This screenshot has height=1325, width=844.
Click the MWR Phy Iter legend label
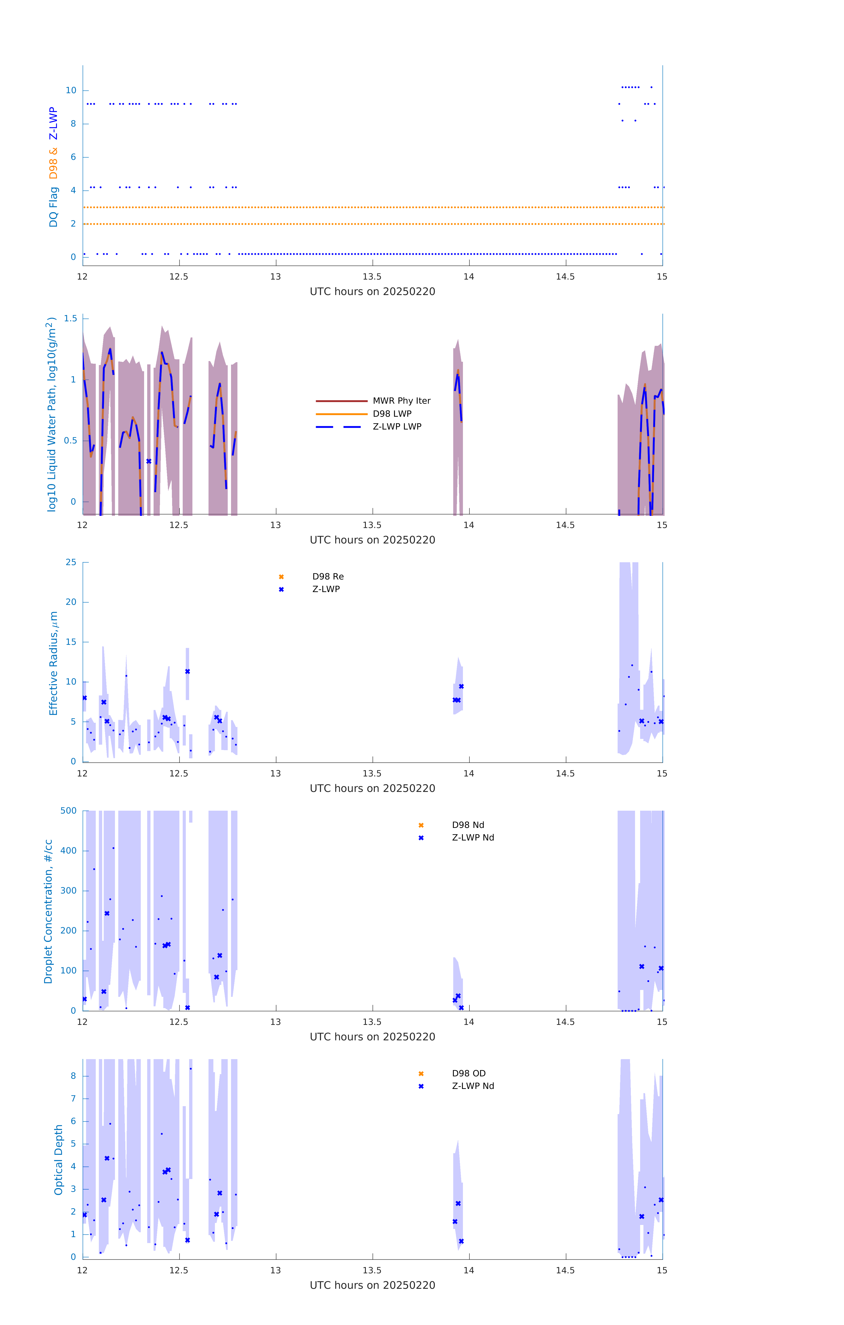[x=401, y=401]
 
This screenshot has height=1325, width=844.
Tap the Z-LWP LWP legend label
[x=397, y=426]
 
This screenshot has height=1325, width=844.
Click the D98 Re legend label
[x=328, y=577]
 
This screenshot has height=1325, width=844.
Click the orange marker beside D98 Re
[x=281, y=577]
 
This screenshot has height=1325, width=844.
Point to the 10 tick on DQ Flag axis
[x=71, y=90]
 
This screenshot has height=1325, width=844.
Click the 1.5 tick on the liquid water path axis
[x=70, y=319]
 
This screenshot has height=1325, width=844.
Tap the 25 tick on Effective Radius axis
[x=71, y=562]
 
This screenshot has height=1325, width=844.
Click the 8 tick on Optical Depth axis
[x=73, y=1076]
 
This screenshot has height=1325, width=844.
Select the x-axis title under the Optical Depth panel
[x=372, y=1285]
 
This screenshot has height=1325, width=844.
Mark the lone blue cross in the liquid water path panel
[x=148, y=461]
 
